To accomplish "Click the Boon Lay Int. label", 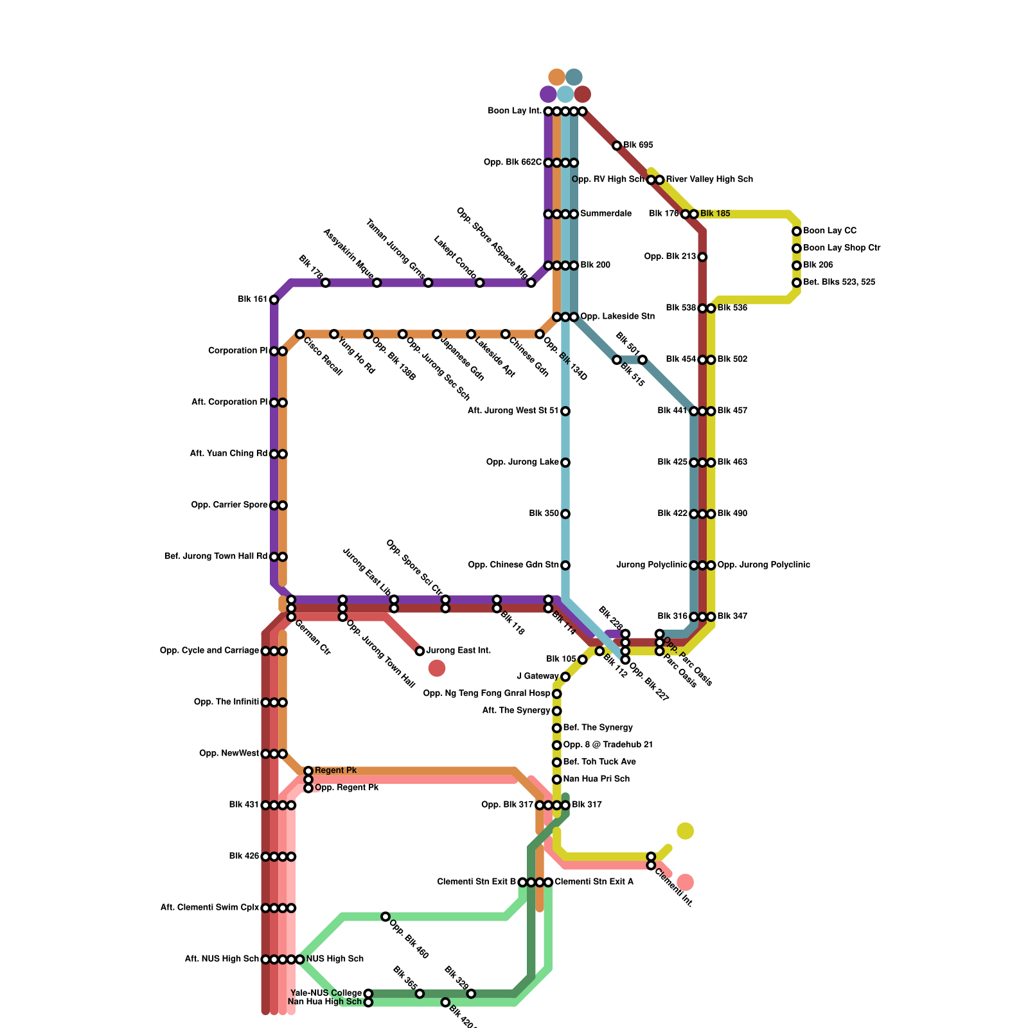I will (x=515, y=111).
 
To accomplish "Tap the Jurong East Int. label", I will (x=458, y=651).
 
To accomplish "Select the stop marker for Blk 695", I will (x=617, y=146).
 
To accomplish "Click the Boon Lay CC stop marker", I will (x=797, y=231).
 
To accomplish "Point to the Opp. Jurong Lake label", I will (x=522, y=462).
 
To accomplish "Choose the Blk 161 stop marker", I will (x=274, y=300).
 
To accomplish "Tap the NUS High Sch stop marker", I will (x=300, y=959).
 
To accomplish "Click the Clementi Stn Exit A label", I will (x=594, y=882).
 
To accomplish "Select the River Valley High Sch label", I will (x=709, y=179).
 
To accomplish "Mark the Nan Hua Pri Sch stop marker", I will (x=557, y=779).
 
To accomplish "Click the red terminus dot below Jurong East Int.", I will (x=437, y=668).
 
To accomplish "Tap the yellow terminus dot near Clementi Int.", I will (x=686, y=831).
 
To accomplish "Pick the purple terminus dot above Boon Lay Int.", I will (x=548, y=94).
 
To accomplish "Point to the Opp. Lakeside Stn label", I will (x=617, y=317).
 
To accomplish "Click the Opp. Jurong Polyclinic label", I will (x=763, y=565).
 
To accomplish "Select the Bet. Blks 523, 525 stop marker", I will (x=797, y=283).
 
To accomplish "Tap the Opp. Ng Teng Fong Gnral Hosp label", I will (x=486, y=693).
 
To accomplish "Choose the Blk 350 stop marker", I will (x=565, y=514).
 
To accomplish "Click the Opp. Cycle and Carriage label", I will (x=209, y=651).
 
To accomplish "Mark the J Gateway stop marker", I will (x=565, y=677).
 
